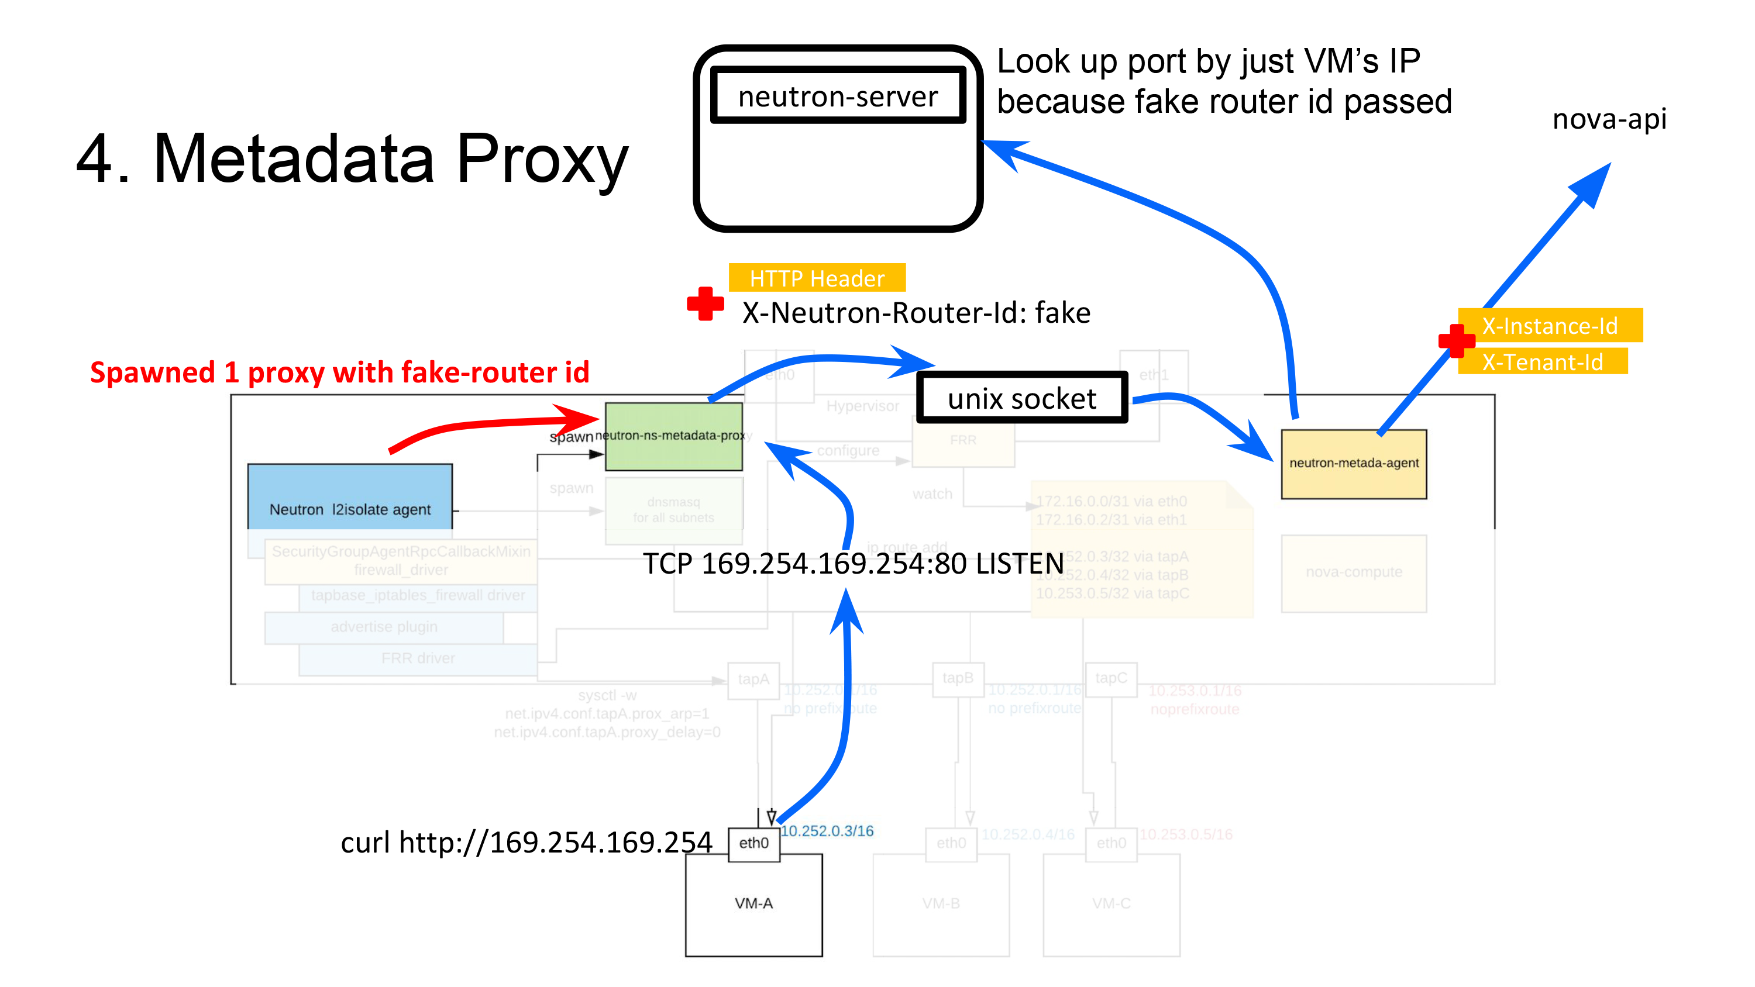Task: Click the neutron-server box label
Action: (x=837, y=96)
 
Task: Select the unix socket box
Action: (x=1021, y=398)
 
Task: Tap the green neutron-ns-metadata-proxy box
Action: (x=673, y=436)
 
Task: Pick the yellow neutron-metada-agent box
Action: (x=1353, y=463)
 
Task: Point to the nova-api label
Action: (x=1609, y=119)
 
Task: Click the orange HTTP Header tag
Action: (x=816, y=278)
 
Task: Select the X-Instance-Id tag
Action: (x=1549, y=326)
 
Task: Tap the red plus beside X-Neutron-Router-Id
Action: (x=705, y=304)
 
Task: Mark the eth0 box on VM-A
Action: (x=753, y=843)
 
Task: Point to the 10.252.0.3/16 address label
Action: (x=827, y=831)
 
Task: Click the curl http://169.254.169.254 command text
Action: (x=526, y=843)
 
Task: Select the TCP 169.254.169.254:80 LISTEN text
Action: (x=853, y=564)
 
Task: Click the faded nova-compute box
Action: (x=1353, y=572)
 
